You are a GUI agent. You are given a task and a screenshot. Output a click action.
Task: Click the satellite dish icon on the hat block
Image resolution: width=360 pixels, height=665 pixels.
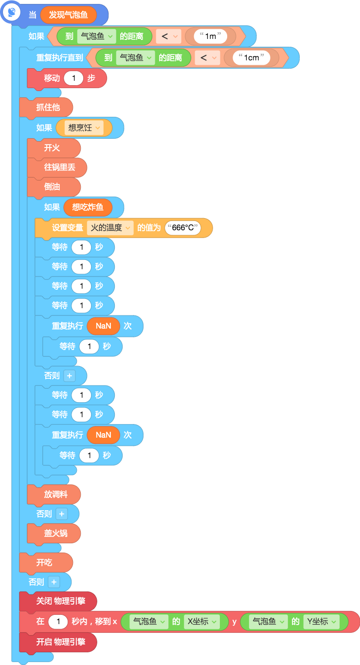coord(12,13)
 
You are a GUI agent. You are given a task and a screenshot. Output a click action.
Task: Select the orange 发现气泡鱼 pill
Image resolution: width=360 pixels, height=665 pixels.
coord(68,15)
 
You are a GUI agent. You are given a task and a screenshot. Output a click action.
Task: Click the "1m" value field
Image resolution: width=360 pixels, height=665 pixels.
coord(211,36)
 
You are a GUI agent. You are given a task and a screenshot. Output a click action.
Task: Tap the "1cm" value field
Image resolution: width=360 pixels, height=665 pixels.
coord(252,57)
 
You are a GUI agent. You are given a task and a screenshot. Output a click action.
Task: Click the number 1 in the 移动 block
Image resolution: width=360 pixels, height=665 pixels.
coord(73,78)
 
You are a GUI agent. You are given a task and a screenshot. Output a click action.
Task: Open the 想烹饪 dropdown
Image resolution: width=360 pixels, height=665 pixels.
coord(84,128)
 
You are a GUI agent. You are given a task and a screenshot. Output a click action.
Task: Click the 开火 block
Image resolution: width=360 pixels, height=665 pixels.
coord(54,148)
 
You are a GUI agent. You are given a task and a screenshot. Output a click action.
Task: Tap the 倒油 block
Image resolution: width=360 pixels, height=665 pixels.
coord(54,187)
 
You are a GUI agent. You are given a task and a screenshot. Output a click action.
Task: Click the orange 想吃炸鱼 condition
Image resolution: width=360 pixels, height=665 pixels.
coord(88,207)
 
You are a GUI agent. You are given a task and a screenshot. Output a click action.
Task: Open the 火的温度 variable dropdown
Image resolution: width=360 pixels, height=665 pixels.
coord(110,228)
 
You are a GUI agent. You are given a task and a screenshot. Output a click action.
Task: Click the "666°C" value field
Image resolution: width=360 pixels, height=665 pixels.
coord(183,228)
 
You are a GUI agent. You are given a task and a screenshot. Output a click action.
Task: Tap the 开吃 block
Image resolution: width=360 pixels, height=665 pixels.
coord(46,562)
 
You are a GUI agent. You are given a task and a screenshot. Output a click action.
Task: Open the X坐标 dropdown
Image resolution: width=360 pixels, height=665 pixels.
coord(202,621)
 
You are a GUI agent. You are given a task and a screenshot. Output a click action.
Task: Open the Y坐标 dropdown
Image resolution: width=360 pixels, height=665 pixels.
coord(322,621)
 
